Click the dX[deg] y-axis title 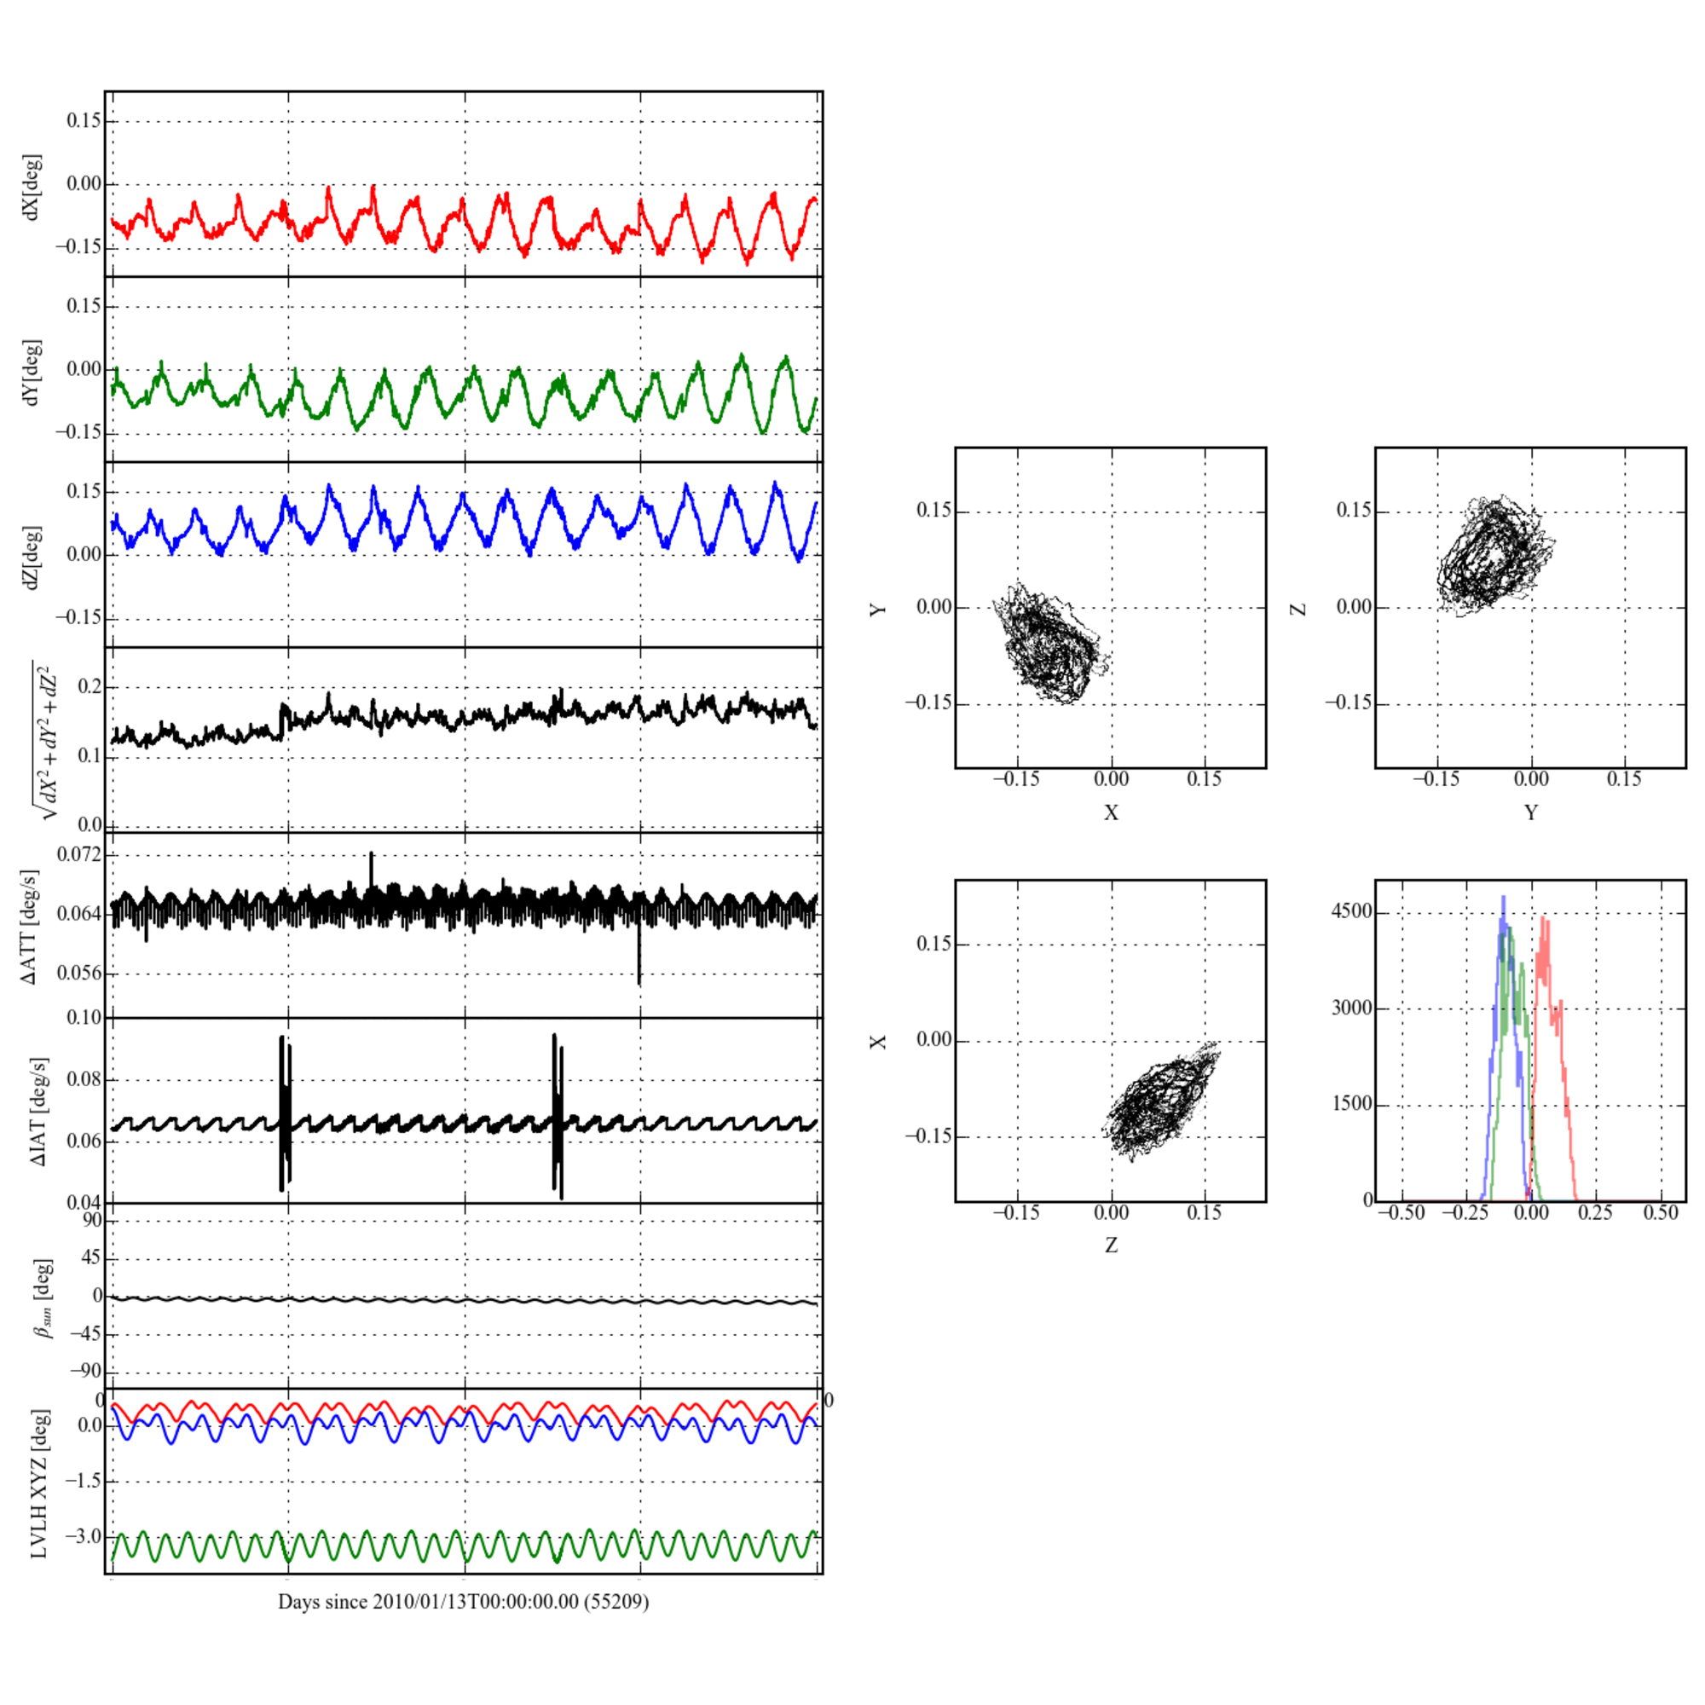(32, 187)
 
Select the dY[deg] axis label (32, 372)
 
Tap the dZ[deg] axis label (32, 558)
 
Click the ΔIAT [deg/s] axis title (39, 1111)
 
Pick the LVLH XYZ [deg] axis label (39, 1482)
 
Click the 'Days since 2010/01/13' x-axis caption (463, 1602)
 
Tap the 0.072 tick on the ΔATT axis (78, 854)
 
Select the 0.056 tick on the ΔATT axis (78, 974)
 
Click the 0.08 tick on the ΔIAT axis (84, 1080)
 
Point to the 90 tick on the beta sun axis (92, 1221)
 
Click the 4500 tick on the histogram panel (1351, 911)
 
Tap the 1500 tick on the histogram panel (1351, 1104)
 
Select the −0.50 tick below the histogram (1402, 1212)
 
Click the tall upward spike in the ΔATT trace (372, 854)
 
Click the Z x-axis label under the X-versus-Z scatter (1110, 1246)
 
